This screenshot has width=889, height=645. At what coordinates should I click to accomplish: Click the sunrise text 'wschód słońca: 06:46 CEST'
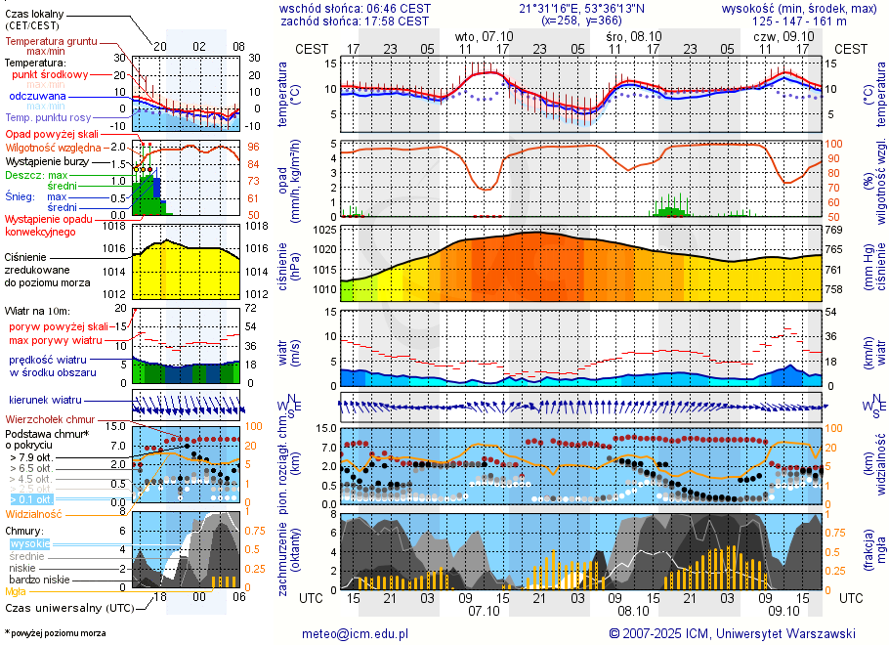coord(355,8)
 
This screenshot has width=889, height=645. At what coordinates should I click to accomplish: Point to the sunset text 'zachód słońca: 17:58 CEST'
coord(355,21)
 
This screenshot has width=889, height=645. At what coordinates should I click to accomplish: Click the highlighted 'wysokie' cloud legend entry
coord(28,543)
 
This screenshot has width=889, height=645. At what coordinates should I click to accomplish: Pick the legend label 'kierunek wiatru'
coord(45,401)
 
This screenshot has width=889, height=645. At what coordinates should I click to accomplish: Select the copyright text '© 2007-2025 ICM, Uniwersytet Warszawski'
coord(732,633)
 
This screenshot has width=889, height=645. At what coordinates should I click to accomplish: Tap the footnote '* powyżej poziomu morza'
coord(55,633)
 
